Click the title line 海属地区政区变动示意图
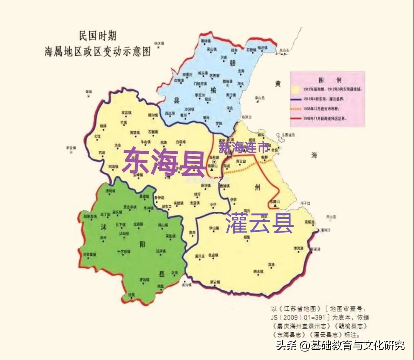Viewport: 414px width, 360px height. point(98,51)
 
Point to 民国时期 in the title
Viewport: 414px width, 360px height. point(97,37)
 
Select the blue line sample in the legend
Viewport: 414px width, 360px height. point(296,99)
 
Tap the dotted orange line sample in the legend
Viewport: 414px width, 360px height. point(296,109)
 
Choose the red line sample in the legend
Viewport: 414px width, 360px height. point(296,119)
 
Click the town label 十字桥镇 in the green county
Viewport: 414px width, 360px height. point(123,252)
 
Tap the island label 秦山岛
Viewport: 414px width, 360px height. point(260,98)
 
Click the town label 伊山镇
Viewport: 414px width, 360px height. point(214,228)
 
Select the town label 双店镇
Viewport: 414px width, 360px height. point(127,113)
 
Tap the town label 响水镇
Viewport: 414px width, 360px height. point(258,271)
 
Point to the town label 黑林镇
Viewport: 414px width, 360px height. point(206,41)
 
